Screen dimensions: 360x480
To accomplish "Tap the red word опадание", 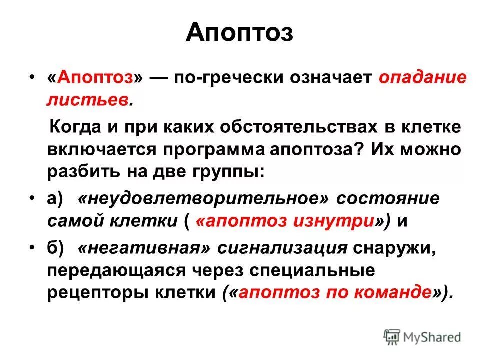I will point(423,78).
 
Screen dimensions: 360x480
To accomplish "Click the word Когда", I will point(76,127).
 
